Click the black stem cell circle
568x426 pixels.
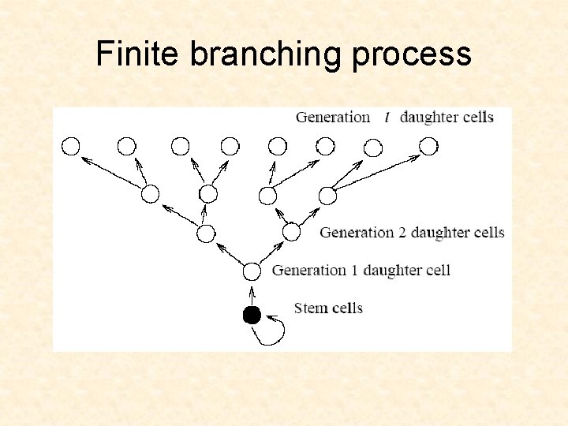click(x=252, y=316)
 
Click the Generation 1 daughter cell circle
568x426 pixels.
click(x=252, y=271)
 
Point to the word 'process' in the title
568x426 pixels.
click(x=412, y=54)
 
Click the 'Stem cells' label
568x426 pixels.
click(x=328, y=308)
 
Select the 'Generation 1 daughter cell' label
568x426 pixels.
click(x=361, y=271)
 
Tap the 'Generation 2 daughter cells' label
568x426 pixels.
click(x=412, y=233)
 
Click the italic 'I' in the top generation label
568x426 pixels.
click(x=386, y=118)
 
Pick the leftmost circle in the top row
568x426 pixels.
click(x=71, y=146)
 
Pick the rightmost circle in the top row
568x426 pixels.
click(x=428, y=146)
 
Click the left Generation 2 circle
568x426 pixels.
click(x=206, y=234)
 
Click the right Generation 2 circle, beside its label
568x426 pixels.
click(x=291, y=232)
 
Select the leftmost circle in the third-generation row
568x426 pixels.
click(x=150, y=194)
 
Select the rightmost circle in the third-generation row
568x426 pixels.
click(x=328, y=195)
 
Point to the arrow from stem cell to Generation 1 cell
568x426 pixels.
click(x=252, y=293)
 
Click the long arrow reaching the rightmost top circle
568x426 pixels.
click(x=376, y=172)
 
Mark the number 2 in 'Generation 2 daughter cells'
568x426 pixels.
click(x=401, y=233)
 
